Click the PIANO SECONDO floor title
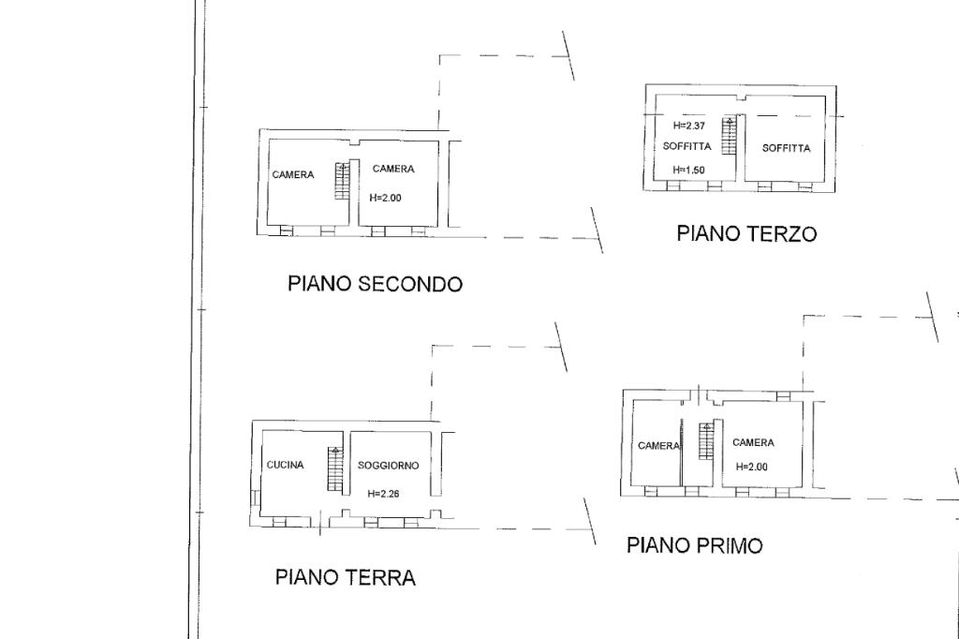[x=375, y=284]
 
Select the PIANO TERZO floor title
[x=746, y=234]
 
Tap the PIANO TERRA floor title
[x=346, y=577]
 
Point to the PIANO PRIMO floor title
[x=695, y=545]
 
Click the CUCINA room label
[x=285, y=465]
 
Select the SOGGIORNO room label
[x=389, y=466]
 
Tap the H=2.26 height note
[x=383, y=494]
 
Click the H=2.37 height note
[x=689, y=126]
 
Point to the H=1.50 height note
[x=689, y=171]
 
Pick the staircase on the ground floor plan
[x=335, y=469]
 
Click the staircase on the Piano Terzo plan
[x=729, y=136]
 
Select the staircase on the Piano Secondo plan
[x=343, y=181]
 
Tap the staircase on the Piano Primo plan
[x=707, y=441]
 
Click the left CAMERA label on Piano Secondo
[x=293, y=175]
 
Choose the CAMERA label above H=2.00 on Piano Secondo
[x=393, y=169]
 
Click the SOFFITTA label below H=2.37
[x=687, y=147]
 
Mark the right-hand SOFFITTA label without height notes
[x=786, y=148]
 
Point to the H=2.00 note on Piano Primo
[x=752, y=467]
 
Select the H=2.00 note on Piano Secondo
[x=386, y=199]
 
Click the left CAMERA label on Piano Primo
[x=658, y=446]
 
